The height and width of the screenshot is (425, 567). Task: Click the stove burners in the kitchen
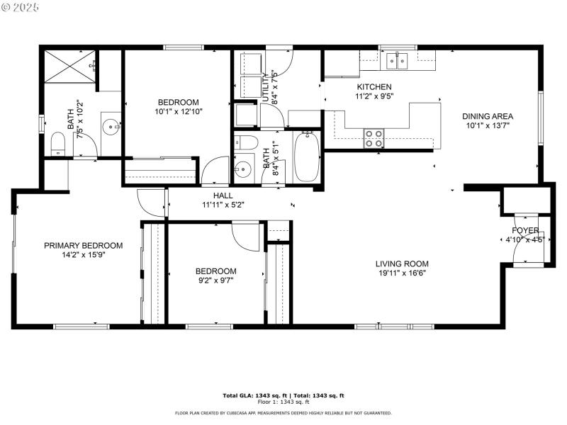374,137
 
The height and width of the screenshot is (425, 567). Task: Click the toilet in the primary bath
59,144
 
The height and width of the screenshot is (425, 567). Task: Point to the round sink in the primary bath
111,128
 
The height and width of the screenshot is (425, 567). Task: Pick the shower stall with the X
69,69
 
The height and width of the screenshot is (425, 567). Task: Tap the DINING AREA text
488,116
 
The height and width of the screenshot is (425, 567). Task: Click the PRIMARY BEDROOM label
83,246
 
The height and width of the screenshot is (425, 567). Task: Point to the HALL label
223,195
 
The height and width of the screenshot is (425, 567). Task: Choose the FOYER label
525,230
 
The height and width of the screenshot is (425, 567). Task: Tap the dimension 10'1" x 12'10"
178,111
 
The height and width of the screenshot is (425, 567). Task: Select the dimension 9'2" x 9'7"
215,280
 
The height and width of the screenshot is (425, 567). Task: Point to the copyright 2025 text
21,6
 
